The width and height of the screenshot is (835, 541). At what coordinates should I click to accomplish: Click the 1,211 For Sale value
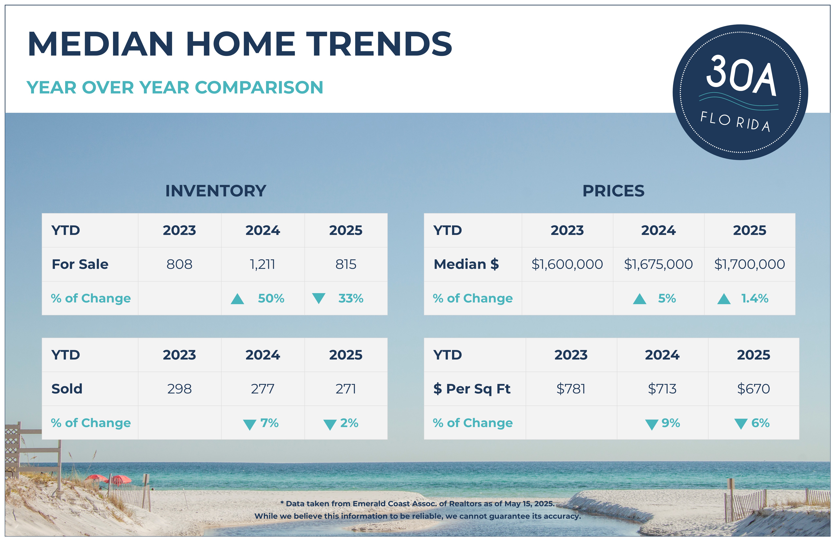262,264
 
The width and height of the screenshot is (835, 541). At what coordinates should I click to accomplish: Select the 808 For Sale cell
179,264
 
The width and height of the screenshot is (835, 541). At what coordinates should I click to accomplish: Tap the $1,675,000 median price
658,264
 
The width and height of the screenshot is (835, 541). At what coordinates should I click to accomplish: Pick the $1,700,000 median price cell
749,264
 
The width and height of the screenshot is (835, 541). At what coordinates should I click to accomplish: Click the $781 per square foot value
571,389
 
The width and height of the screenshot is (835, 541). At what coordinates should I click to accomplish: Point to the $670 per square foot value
753,389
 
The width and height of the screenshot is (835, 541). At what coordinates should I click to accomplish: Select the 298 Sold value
179,389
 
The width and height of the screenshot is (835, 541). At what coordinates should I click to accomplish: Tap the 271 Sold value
346,389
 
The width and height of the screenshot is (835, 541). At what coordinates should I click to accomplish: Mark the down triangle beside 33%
319,298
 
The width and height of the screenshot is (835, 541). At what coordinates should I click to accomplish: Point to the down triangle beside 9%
651,424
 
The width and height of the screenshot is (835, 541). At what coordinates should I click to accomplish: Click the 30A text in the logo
741,76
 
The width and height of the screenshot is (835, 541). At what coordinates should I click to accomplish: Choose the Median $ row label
466,264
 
